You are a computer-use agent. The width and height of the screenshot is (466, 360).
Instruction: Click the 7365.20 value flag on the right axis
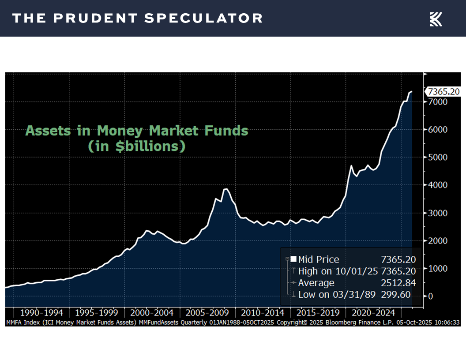(x=443, y=92)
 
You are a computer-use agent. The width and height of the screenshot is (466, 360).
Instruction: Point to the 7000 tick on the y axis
(x=436, y=101)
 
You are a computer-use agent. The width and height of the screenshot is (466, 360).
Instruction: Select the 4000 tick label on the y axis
(x=436, y=185)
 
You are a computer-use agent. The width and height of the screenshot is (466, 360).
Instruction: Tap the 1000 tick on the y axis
(x=436, y=268)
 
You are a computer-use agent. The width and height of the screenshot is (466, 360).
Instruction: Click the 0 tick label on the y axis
(x=430, y=296)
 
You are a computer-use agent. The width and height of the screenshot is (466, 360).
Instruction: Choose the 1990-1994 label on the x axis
(x=41, y=313)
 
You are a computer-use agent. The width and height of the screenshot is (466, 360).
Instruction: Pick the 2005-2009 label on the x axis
(x=207, y=313)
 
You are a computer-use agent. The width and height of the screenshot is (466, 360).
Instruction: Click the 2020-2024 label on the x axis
(x=373, y=313)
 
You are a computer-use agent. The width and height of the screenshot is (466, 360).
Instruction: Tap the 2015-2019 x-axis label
(x=318, y=313)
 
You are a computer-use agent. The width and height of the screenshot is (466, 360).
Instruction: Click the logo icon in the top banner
(x=436, y=19)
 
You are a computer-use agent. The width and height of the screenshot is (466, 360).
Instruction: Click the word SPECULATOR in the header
(x=203, y=19)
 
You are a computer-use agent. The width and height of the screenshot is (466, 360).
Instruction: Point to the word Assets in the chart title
(x=47, y=131)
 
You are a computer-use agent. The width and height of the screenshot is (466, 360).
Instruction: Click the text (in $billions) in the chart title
(x=136, y=146)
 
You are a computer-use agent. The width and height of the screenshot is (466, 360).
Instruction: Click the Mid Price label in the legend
(x=319, y=259)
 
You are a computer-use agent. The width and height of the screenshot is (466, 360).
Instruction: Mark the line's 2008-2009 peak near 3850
(x=225, y=189)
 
